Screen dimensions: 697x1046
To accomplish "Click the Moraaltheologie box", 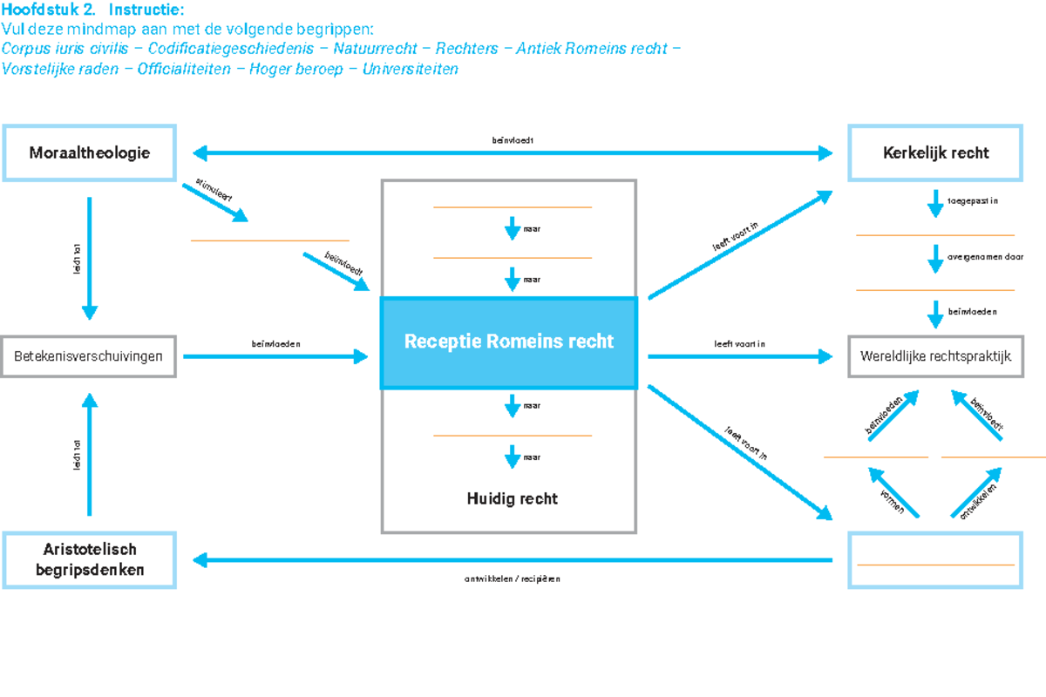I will coord(89,152).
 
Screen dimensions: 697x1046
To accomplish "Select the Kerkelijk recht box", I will coord(935,152).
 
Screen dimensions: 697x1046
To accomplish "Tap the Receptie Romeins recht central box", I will coord(509,342).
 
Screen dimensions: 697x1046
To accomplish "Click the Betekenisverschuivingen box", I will coord(89,356).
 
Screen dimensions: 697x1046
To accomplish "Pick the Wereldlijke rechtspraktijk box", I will coord(935,356).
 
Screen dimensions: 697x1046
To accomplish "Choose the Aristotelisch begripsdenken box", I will coord(89,560).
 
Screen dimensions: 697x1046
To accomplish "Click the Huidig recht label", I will coord(512,499).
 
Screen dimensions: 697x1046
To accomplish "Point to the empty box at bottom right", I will coord(935,560).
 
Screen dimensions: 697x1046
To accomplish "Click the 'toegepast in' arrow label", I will coord(972,201).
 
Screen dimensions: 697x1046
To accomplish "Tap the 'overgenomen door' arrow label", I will coord(985,258).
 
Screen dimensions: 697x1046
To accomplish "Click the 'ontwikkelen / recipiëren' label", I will coord(512,579).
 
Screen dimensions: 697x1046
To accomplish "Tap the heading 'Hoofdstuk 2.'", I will coord(49,10).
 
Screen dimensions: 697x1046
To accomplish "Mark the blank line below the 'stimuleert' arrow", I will coord(269,240).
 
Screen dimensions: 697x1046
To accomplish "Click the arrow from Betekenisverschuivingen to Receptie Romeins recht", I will coord(275,356).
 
